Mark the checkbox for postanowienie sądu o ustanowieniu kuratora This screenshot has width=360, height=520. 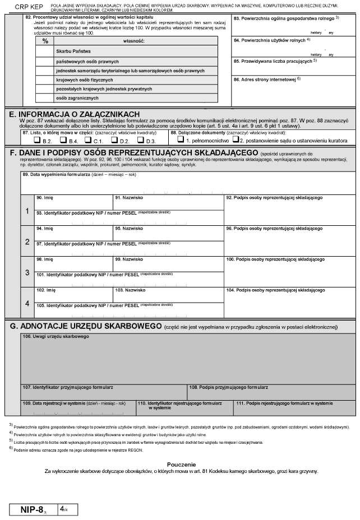236,140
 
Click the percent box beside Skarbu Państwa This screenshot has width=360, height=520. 44,51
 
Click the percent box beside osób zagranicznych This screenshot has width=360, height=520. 44,98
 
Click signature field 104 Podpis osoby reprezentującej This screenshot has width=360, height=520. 289,303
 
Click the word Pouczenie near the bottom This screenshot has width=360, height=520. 181,465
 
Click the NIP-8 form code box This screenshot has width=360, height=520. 35,509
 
